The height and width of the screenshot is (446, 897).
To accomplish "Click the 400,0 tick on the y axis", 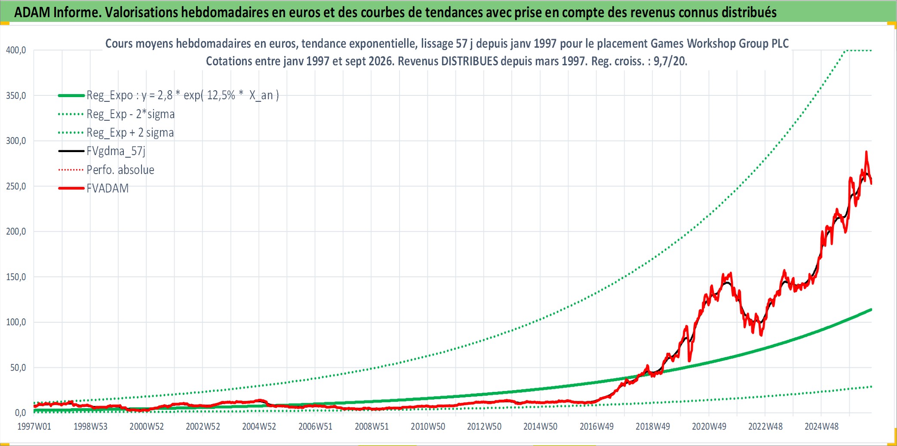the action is (16, 50).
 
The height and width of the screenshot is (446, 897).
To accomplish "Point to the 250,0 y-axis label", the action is (16, 186).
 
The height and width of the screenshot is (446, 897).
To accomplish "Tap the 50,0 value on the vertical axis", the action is (18, 368).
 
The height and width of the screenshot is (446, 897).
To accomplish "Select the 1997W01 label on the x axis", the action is (34, 427).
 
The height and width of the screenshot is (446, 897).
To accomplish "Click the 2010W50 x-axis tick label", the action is (428, 427).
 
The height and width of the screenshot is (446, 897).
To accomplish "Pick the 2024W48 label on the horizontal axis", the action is (822, 427).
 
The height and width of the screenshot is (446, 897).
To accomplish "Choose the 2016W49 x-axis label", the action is (596, 427).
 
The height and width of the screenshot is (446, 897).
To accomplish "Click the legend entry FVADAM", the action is (108, 189).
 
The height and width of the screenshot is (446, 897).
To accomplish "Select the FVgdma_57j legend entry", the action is (116, 151).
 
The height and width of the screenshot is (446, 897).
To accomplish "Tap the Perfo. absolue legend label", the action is (120, 170).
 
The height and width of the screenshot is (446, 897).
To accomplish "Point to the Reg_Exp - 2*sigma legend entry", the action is (131, 114).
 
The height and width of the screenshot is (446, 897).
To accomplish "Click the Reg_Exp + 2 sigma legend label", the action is (130, 133).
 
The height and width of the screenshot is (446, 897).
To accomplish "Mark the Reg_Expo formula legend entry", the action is (183, 95).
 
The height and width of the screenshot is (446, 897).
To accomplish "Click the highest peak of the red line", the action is (866, 152).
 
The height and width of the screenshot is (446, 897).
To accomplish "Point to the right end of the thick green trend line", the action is (871, 309).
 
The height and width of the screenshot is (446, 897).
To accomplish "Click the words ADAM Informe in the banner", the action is (58, 12).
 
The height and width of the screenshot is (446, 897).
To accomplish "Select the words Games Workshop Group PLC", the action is (719, 43).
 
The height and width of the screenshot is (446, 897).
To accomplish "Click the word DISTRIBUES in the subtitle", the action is (470, 61).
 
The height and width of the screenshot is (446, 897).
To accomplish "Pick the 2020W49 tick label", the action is (709, 427).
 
